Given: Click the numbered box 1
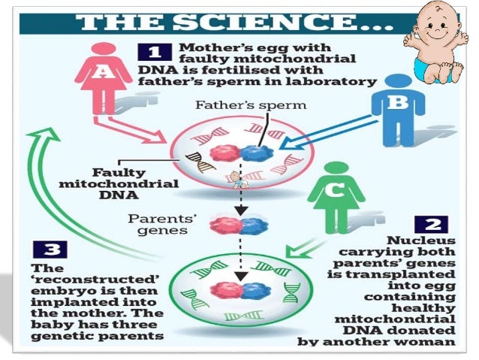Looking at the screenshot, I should tap(154, 51).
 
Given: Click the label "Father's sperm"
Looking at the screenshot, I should tap(251, 104).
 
